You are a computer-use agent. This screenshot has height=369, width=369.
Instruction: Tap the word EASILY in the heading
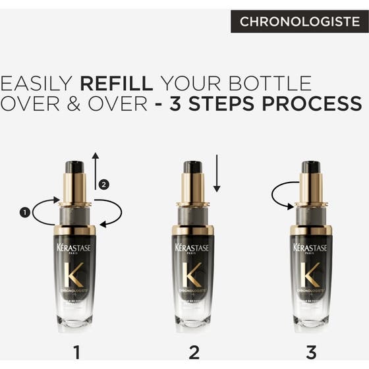pos(37,84)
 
